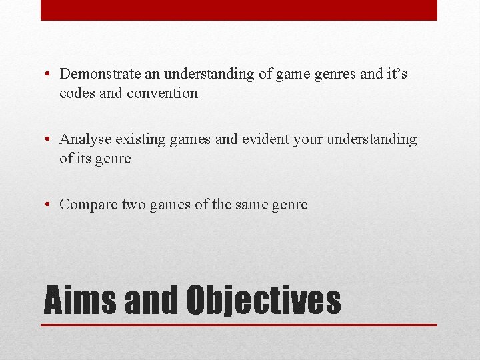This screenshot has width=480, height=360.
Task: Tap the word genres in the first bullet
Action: [x=335, y=74]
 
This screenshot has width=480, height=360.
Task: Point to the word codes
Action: [x=77, y=93]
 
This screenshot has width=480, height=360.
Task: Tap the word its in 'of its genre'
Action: [x=85, y=159]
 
